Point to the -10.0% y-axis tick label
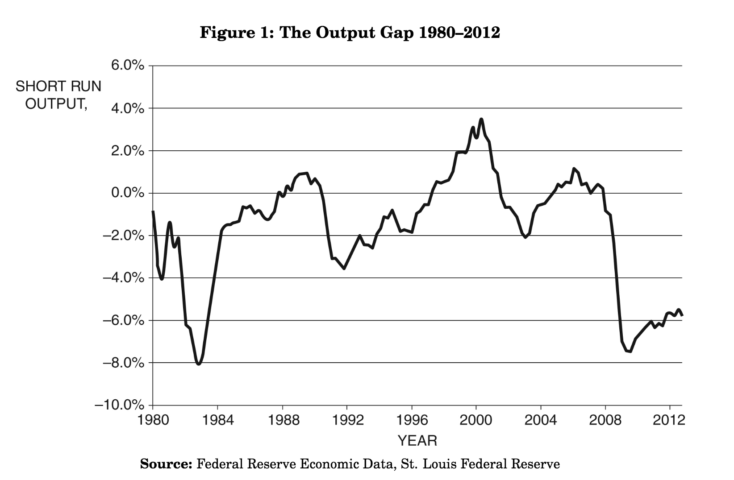[119, 406]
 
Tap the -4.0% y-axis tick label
[123, 278]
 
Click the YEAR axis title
[417, 441]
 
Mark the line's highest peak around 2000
[481, 119]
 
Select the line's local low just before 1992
[344, 269]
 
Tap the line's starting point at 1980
[153, 212]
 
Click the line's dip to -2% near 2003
[525, 237]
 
